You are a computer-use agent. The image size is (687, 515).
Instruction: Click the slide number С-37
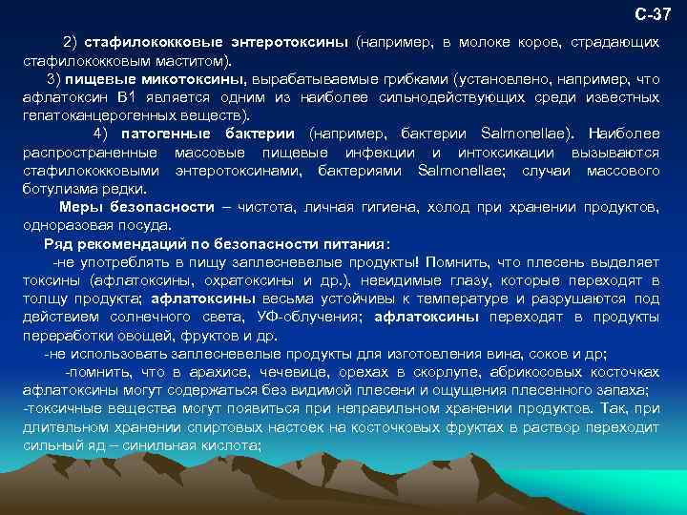654,14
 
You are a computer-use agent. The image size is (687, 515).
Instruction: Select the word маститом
195,60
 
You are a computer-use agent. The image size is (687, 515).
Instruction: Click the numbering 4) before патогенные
100,133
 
